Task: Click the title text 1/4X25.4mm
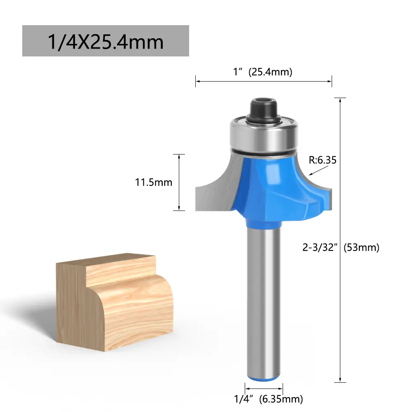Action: coord(105,42)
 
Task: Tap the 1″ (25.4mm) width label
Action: coord(262,72)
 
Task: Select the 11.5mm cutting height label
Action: coord(153,183)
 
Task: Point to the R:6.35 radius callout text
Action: coord(323,160)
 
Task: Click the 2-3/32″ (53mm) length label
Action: coord(341,248)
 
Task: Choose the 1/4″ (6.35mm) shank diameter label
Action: coord(268,399)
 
